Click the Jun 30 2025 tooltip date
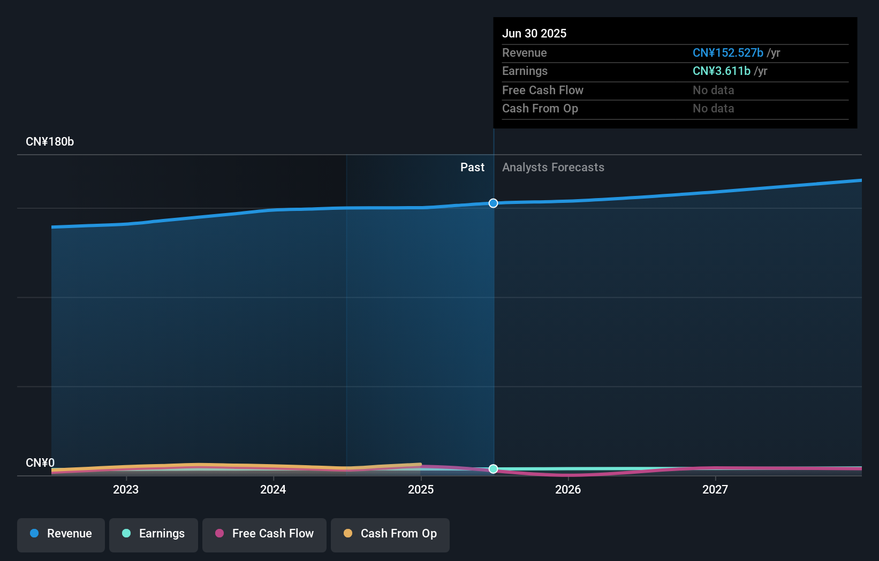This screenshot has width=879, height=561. [x=534, y=33]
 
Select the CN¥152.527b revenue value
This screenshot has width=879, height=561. [x=728, y=52]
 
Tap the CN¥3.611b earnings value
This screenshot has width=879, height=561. [x=721, y=71]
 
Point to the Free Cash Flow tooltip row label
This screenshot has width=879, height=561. [x=542, y=90]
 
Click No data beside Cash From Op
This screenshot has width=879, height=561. [x=713, y=109]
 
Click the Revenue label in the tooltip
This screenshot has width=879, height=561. [x=524, y=52]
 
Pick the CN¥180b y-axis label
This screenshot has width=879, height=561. [x=50, y=141]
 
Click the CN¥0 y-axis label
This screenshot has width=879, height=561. [x=40, y=463]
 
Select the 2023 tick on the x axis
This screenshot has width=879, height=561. [x=126, y=489]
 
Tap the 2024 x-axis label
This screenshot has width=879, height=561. [x=273, y=489]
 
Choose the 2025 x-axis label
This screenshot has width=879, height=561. [x=421, y=489]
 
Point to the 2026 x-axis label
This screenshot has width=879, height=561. [x=568, y=489]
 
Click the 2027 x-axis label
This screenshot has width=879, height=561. [x=715, y=489]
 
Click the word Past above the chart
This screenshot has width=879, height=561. [x=472, y=167]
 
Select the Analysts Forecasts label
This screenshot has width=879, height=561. [x=553, y=167]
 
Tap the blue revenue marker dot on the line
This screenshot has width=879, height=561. [x=493, y=203]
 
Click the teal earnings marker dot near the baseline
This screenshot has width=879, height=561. [x=493, y=469]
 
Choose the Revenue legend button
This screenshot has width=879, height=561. [x=61, y=534]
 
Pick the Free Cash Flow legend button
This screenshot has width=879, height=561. [x=264, y=534]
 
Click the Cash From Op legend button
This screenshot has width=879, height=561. [x=390, y=534]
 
